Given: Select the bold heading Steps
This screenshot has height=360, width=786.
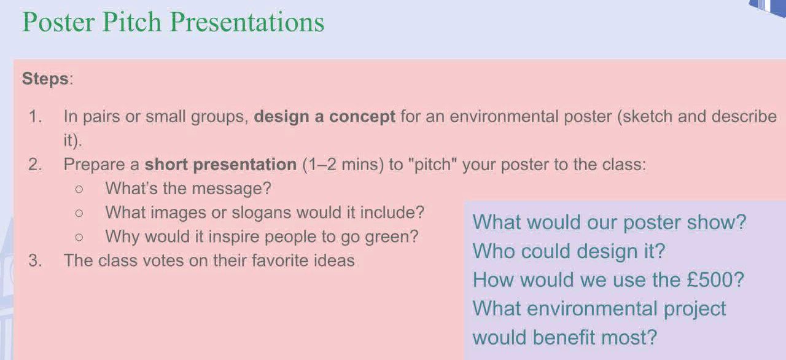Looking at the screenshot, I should click(45, 79).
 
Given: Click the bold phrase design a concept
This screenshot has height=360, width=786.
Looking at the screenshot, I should click(324, 117).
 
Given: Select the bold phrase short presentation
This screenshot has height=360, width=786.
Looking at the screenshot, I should click(220, 165).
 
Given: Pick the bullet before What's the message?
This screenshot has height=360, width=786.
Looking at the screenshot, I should click(79, 189).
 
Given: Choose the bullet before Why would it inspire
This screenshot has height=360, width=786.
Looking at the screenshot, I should click(79, 237).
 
